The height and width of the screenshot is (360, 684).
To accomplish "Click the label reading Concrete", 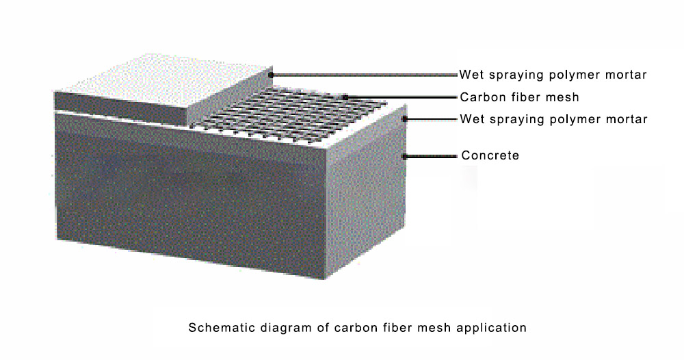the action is [490, 155].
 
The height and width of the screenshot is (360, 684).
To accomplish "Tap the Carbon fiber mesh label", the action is [519, 97].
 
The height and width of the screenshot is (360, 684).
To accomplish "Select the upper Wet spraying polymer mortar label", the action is [553, 75].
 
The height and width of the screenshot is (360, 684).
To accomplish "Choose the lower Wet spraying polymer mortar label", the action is [553, 119].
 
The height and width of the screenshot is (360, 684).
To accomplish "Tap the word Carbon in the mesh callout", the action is [479, 97].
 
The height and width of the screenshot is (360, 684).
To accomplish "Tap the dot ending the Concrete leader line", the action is [404, 156].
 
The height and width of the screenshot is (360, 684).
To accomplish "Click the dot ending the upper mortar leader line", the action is [271, 75].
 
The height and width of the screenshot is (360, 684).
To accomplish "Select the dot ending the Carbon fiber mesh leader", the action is [345, 97].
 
